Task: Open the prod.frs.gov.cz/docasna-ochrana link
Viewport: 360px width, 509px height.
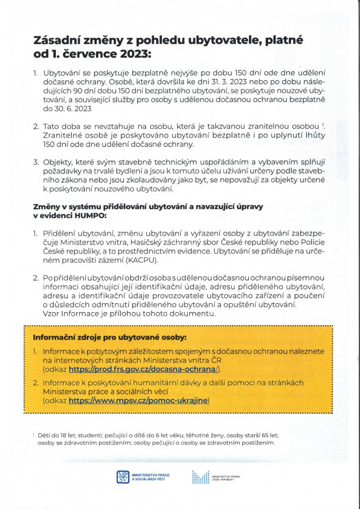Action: (144, 369)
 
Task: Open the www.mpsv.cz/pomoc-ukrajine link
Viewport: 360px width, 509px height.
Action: (139, 400)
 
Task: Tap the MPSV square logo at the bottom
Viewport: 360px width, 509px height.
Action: (122, 477)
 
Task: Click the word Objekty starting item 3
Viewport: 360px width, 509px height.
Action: (58, 162)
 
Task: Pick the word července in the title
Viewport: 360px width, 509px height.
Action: (85, 53)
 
